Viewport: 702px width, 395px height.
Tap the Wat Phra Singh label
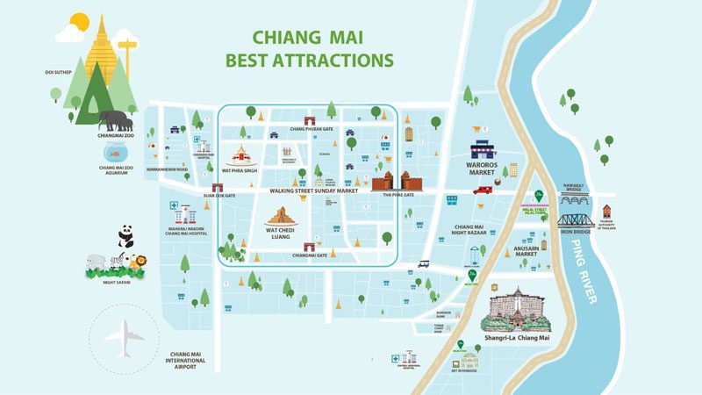(239, 173)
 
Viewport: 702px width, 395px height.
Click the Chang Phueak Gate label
(310, 129)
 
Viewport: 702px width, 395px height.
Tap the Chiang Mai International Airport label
(186, 360)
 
